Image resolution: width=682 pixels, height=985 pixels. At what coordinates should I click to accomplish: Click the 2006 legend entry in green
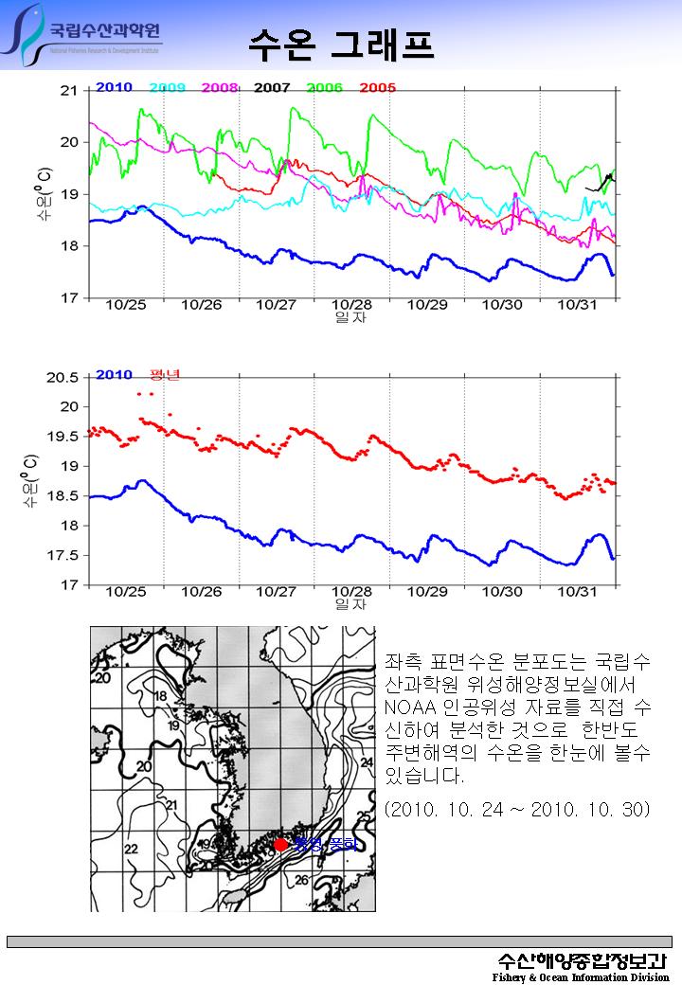tap(325, 88)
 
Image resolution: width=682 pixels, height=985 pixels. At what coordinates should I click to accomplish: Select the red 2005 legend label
tap(378, 88)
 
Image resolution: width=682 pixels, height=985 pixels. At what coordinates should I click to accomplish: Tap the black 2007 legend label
tap(272, 88)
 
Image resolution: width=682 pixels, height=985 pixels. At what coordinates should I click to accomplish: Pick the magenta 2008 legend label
tap(220, 88)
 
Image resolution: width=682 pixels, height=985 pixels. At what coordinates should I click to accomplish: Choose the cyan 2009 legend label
tap(167, 88)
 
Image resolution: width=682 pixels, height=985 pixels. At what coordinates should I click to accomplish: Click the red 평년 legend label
tap(165, 374)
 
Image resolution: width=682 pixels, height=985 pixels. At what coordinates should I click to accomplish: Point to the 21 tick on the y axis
tap(68, 91)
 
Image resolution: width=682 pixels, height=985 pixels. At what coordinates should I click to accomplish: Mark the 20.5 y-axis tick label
tap(63, 377)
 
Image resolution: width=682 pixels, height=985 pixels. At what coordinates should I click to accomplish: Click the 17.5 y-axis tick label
tap(63, 555)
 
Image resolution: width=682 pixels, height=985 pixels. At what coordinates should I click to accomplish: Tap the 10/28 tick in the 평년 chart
tap(351, 591)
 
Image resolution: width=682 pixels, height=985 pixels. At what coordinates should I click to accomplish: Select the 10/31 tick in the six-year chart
tap(578, 305)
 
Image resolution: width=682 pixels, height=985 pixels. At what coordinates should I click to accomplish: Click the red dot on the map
tap(280, 844)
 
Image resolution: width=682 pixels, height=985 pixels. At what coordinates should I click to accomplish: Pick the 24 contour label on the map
tap(366, 761)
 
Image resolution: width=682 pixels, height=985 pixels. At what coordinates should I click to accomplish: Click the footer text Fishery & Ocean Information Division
tap(580, 976)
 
